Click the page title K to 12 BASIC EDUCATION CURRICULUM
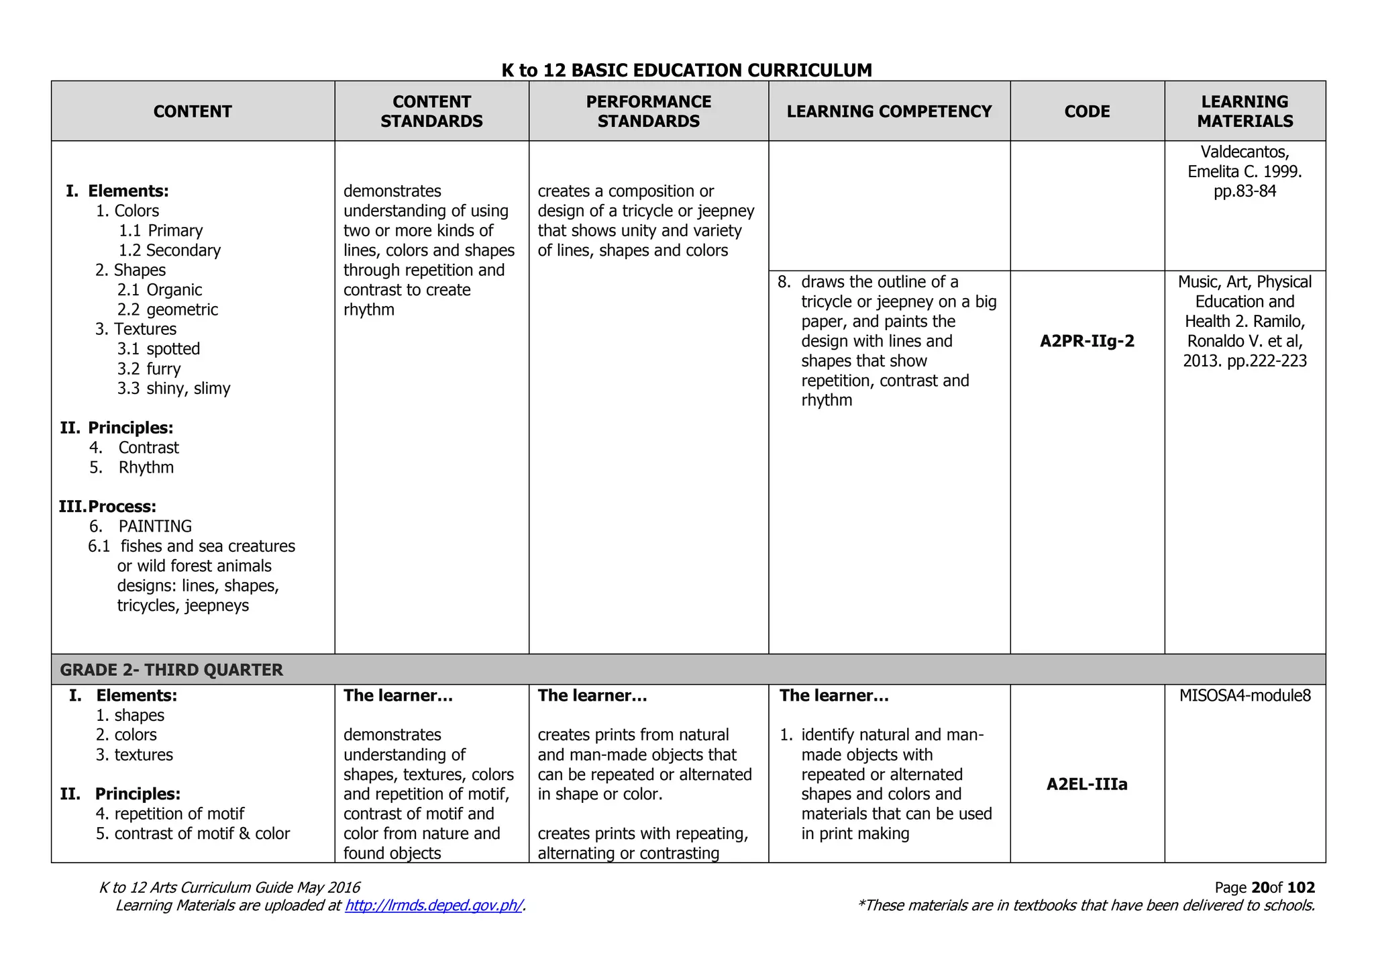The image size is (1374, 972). pos(686,70)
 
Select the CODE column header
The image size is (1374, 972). pos(1087,111)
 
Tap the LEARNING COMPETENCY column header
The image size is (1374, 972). pos(889,111)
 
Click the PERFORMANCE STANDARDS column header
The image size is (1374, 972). pos(648,111)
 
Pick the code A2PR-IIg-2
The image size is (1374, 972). pos(1087,341)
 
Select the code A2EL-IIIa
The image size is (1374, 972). pos(1087,784)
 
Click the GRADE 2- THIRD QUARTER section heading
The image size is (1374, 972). pos(172,670)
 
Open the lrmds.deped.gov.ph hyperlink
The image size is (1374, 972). pos(433,906)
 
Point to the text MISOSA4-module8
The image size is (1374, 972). pos(1245,695)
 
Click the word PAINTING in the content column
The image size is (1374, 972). pos(155,526)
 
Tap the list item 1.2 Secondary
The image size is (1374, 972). pos(170,250)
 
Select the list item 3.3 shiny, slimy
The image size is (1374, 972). pos(174,389)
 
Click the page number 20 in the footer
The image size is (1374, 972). pos(1260,888)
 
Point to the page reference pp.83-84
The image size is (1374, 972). pos(1245,191)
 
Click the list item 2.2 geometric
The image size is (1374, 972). pos(168,309)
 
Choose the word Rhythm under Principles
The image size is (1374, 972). pos(146,467)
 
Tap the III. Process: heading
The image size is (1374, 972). pos(108,507)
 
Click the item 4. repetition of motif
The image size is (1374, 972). pos(170,814)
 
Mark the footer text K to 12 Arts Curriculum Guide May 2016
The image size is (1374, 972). pos(229,888)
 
